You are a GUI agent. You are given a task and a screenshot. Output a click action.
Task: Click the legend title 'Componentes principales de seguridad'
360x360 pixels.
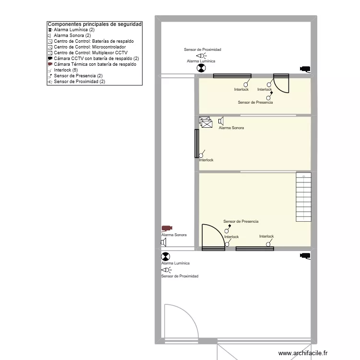click(95, 24)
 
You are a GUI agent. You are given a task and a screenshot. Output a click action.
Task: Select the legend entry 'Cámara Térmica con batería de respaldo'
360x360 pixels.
click(95, 64)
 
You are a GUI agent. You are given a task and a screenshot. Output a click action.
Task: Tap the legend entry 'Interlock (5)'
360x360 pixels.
click(66, 70)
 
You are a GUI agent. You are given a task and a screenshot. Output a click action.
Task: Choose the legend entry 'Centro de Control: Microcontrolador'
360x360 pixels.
click(90, 47)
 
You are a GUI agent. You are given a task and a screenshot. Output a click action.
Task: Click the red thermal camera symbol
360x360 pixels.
click(167, 228)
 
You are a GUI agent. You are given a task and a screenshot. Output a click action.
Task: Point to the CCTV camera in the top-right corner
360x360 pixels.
click(305, 69)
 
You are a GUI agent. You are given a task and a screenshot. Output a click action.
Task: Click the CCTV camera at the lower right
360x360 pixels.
click(305, 256)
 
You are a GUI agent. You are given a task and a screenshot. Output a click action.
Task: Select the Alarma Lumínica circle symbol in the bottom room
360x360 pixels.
click(165, 257)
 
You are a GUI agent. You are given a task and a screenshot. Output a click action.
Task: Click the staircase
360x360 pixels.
click(303, 196)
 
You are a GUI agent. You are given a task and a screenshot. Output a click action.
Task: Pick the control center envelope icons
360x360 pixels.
click(205, 122)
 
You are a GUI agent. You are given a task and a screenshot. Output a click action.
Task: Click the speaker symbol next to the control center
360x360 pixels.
click(221, 121)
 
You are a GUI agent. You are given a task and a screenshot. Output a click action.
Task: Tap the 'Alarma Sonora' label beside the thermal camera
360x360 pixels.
click(174, 235)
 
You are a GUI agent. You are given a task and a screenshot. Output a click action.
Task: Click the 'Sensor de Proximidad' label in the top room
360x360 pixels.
click(202, 49)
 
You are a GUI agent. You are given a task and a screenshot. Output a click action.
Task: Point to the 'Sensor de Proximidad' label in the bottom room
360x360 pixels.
click(180, 276)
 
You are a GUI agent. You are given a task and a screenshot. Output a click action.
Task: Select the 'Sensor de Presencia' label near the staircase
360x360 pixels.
click(240, 221)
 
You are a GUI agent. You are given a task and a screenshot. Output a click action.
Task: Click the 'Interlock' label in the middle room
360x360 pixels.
click(206, 160)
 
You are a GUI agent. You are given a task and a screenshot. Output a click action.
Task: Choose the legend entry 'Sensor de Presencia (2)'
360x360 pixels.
click(78, 76)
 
